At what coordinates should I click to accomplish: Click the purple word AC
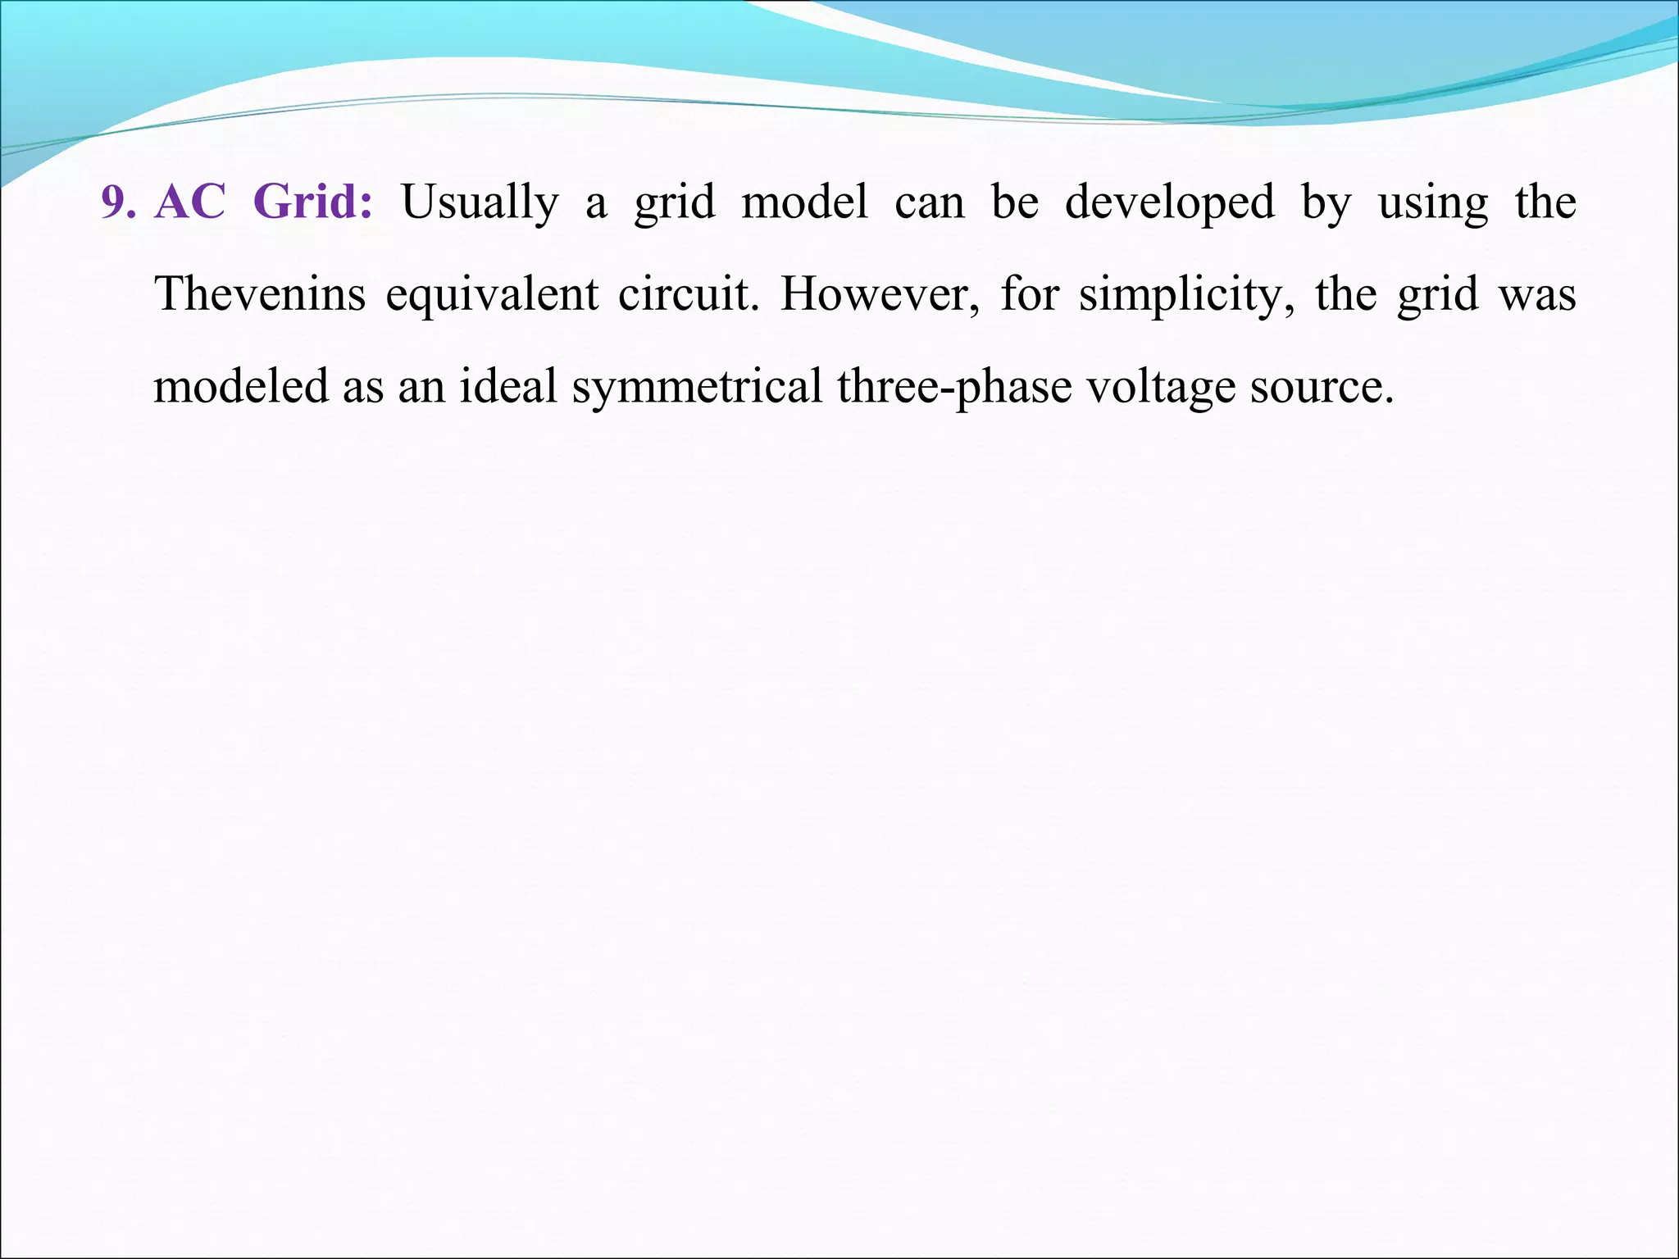[x=189, y=202]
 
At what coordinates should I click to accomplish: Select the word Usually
[x=480, y=203]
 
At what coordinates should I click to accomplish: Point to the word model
[x=804, y=202]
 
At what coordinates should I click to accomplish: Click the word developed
[x=1170, y=203]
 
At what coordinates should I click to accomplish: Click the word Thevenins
[x=260, y=294]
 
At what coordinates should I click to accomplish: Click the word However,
[x=880, y=294]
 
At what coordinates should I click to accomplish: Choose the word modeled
[x=241, y=386]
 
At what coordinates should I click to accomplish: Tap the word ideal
[x=508, y=386]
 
